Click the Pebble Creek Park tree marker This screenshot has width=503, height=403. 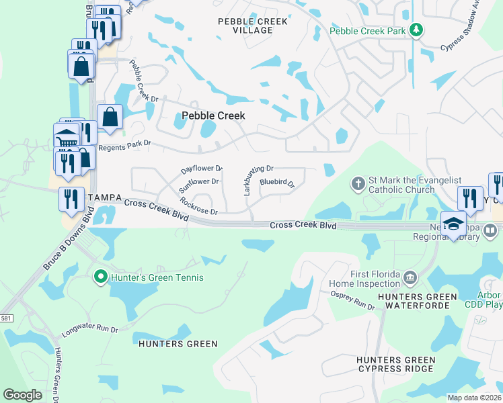pos(417,30)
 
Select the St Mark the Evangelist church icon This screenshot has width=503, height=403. pos(358,183)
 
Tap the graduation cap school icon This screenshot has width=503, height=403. pos(453,224)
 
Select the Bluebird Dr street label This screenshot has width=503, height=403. pos(278,182)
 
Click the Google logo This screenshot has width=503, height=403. pos(22,394)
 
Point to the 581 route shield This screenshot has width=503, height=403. pos(6,318)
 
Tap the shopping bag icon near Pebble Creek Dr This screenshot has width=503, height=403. pos(110,117)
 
